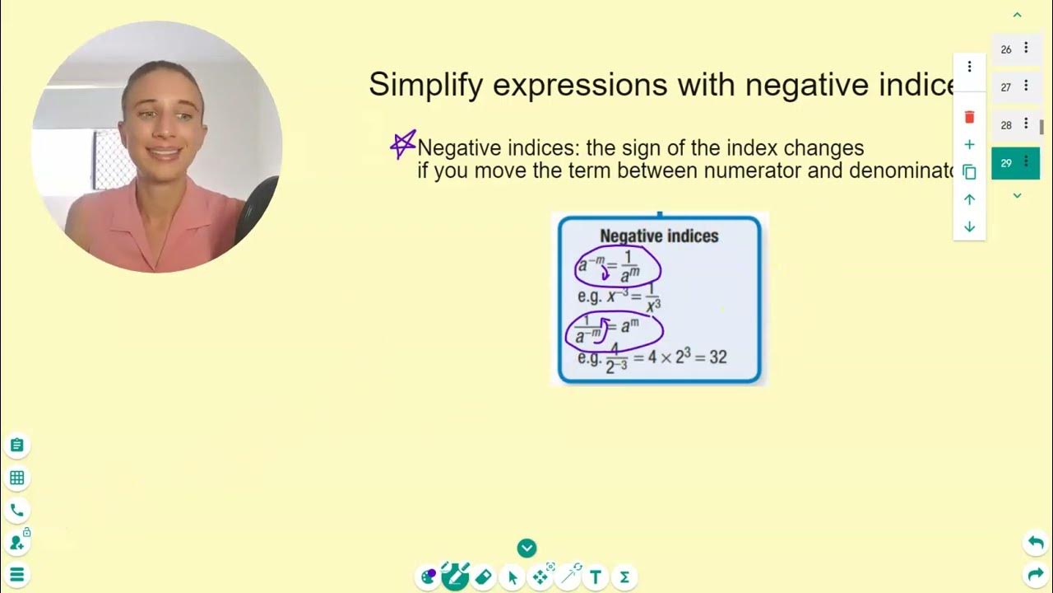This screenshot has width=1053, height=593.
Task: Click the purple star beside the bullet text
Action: [x=402, y=145]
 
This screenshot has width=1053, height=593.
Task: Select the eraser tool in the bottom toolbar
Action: [x=484, y=577]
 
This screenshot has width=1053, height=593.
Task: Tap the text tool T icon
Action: [x=596, y=577]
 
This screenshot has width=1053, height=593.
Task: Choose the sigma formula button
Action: [x=624, y=577]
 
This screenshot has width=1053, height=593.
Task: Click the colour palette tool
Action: [x=428, y=577]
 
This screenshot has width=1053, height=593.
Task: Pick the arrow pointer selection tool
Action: [x=513, y=577]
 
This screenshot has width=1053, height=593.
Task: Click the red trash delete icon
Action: [x=969, y=117]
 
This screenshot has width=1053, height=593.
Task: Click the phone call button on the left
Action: [x=16, y=511]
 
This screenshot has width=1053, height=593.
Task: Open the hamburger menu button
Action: [x=16, y=575]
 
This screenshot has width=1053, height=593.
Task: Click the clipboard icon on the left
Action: [x=16, y=446]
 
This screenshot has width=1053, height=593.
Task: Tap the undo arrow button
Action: [x=1036, y=543]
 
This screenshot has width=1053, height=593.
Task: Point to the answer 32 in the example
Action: [x=717, y=357]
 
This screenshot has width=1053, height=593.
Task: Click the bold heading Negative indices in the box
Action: [x=659, y=236]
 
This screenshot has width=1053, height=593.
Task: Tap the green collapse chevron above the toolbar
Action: [x=526, y=548]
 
